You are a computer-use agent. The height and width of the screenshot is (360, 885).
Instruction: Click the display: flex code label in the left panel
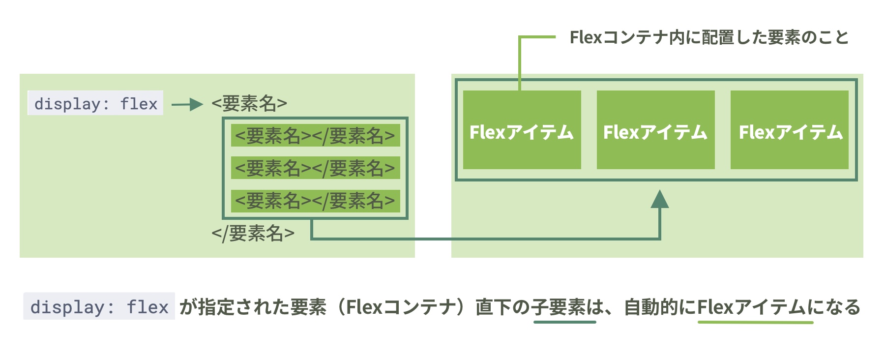click(95, 103)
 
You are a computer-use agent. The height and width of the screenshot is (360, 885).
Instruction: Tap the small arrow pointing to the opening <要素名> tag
click(187, 104)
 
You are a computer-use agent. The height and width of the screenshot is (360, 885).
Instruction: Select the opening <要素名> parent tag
click(249, 103)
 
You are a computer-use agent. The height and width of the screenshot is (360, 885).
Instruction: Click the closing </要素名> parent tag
click(253, 233)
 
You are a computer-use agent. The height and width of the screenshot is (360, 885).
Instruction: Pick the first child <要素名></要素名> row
click(315, 136)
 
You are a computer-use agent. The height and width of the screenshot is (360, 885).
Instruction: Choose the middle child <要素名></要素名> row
click(315, 168)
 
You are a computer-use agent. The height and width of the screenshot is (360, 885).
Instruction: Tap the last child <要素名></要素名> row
click(315, 201)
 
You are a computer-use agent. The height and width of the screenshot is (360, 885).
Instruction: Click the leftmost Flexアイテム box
click(522, 130)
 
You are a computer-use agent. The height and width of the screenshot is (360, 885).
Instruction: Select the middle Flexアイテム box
click(655, 130)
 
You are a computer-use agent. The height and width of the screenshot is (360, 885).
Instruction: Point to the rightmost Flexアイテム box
click(789, 130)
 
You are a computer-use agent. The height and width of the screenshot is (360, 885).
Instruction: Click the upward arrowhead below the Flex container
click(659, 199)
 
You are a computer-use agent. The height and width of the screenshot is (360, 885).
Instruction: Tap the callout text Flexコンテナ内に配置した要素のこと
click(709, 37)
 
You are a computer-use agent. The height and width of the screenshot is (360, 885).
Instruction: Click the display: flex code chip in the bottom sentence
click(99, 307)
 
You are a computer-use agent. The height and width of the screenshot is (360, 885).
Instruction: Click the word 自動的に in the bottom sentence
click(660, 307)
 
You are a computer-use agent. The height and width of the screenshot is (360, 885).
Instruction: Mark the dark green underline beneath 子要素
click(565, 322)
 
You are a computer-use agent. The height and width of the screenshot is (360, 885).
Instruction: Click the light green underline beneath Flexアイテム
click(755, 322)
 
